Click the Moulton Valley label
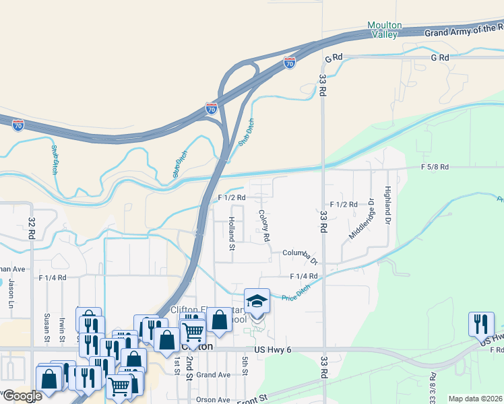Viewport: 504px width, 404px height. (385, 30)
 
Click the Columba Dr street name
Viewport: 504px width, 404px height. (300, 254)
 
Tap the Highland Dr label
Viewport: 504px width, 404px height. (388, 207)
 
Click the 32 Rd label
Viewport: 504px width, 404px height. (31, 228)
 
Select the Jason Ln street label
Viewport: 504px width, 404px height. (11, 290)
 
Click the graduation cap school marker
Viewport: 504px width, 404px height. (257, 300)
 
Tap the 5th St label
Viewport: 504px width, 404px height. (245, 368)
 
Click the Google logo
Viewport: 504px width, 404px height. (22, 396)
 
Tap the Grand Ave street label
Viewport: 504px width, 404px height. (214, 374)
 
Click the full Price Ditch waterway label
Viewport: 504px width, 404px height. (296, 294)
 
